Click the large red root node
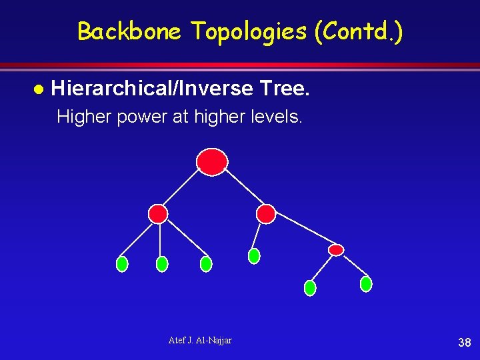(212, 161)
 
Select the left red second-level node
(158, 213)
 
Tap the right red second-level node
(266, 213)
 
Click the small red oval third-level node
(337, 250)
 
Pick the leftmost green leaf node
(122, 264)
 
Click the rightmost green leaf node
(366, 284)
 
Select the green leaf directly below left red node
(161, 264)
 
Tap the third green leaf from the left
(206, 264)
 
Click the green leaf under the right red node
(254, 256)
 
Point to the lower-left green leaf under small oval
(310, 288)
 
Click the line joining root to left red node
(182, 189)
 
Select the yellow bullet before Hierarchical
(38, 89)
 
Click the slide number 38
(465, 343)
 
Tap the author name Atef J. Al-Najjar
(200, 341)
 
